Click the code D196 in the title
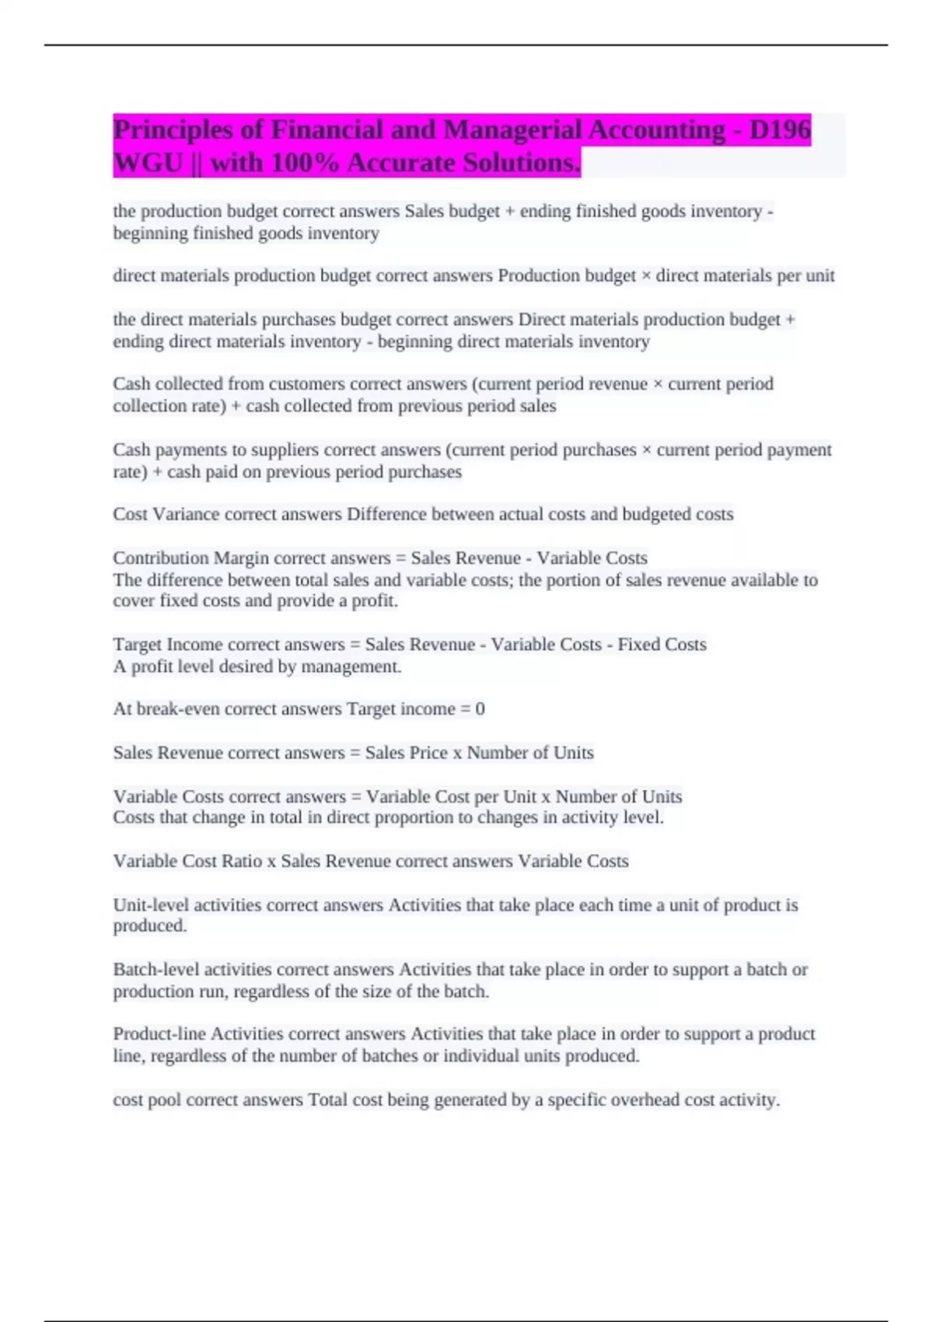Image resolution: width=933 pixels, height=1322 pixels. coord(780,130)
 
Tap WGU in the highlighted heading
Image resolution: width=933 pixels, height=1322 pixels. coord(148,163)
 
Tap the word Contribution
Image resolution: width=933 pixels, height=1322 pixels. coord(161,558)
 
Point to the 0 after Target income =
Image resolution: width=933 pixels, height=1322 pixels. coord(480,709)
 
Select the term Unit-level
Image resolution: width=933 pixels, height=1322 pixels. coord(148,905)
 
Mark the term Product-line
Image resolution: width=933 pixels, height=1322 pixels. coord(159,1034)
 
